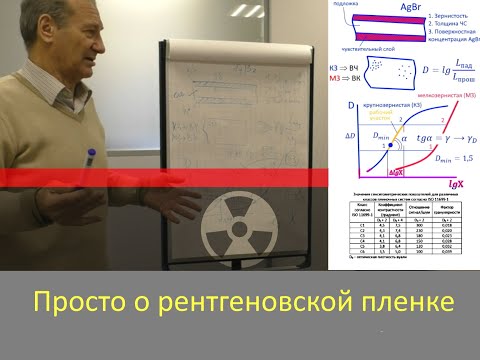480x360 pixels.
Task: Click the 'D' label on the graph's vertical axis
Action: (351, 104)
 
